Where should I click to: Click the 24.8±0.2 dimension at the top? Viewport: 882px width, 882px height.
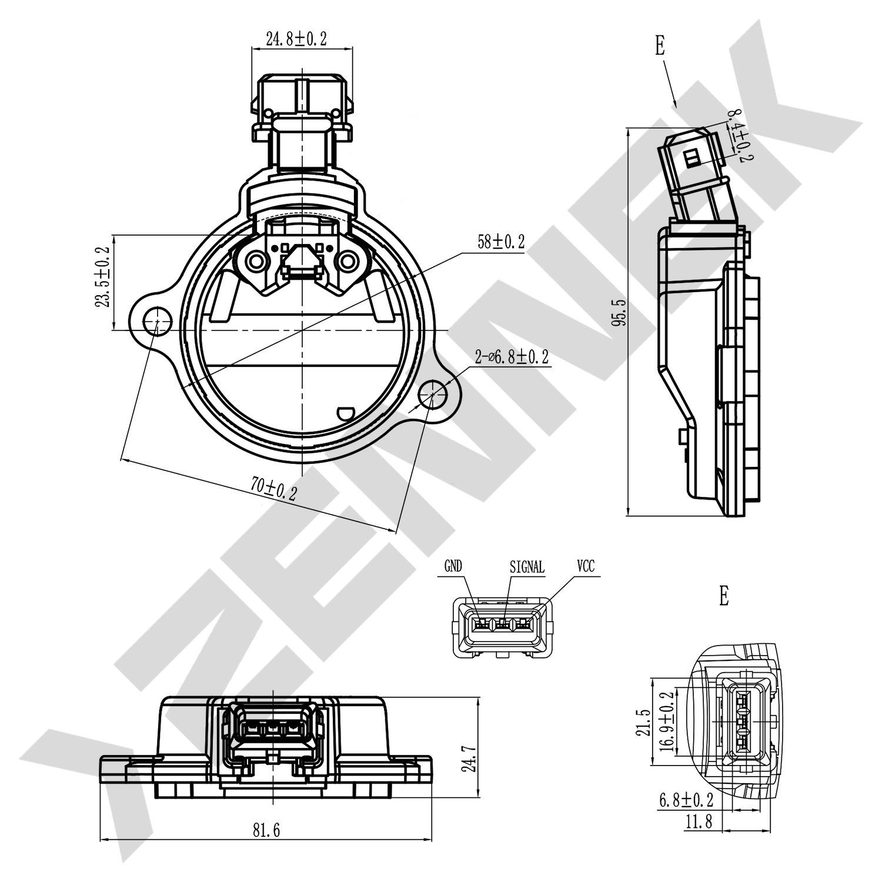[296, 39]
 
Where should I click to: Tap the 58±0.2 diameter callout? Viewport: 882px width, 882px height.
[500, 242]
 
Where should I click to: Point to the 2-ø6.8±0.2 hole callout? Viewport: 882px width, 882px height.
[512, 356]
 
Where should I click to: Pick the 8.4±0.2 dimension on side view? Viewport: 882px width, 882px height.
[740, 135]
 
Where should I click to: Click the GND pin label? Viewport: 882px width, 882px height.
[453, 566]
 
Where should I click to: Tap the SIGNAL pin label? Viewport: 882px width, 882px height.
[527, 567]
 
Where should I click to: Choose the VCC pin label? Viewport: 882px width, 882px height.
[585, 566]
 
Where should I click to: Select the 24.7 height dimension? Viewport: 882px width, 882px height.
[469, 759]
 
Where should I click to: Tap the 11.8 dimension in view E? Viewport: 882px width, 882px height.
[698, 821]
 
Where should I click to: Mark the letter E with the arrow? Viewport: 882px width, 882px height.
[660, 46]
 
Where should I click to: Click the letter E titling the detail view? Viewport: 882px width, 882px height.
[723, 596]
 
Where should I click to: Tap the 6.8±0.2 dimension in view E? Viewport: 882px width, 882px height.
[686, 800]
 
